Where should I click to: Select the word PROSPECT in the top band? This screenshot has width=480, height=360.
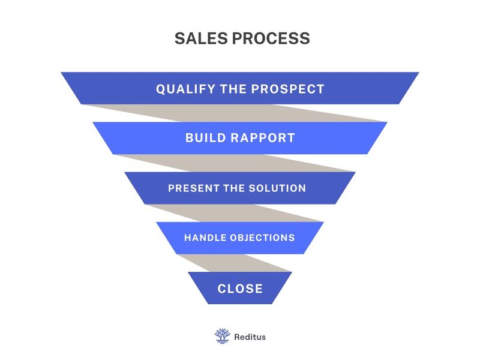click(x=287, y=89)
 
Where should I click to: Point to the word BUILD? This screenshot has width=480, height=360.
click(x=206, y=138)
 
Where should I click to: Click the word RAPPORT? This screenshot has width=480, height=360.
click(x=263, y=138)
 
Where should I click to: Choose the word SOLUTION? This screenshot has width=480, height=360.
click(x=277, y=188)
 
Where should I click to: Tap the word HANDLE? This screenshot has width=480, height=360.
click(x=205, y=238)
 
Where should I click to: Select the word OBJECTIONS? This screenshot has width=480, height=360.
click(x=262, y=238)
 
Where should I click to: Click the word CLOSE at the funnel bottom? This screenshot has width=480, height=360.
click(x=240, y=289)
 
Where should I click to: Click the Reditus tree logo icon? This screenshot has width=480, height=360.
click(x=223, y=336)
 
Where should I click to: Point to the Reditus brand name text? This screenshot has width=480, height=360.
click(x=250, y=337)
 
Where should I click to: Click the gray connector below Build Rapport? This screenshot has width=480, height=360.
click(x=234, y=163)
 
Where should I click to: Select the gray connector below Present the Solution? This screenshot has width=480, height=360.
click(x=234, y=213)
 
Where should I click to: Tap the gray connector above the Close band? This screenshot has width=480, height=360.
click(x=234, y=263)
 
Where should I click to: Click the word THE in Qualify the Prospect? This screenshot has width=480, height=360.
click(x=233, y=89)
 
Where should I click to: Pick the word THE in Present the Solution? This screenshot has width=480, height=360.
click(x=234, y=188)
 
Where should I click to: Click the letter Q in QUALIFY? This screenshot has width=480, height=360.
click(x=161, y=89)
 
